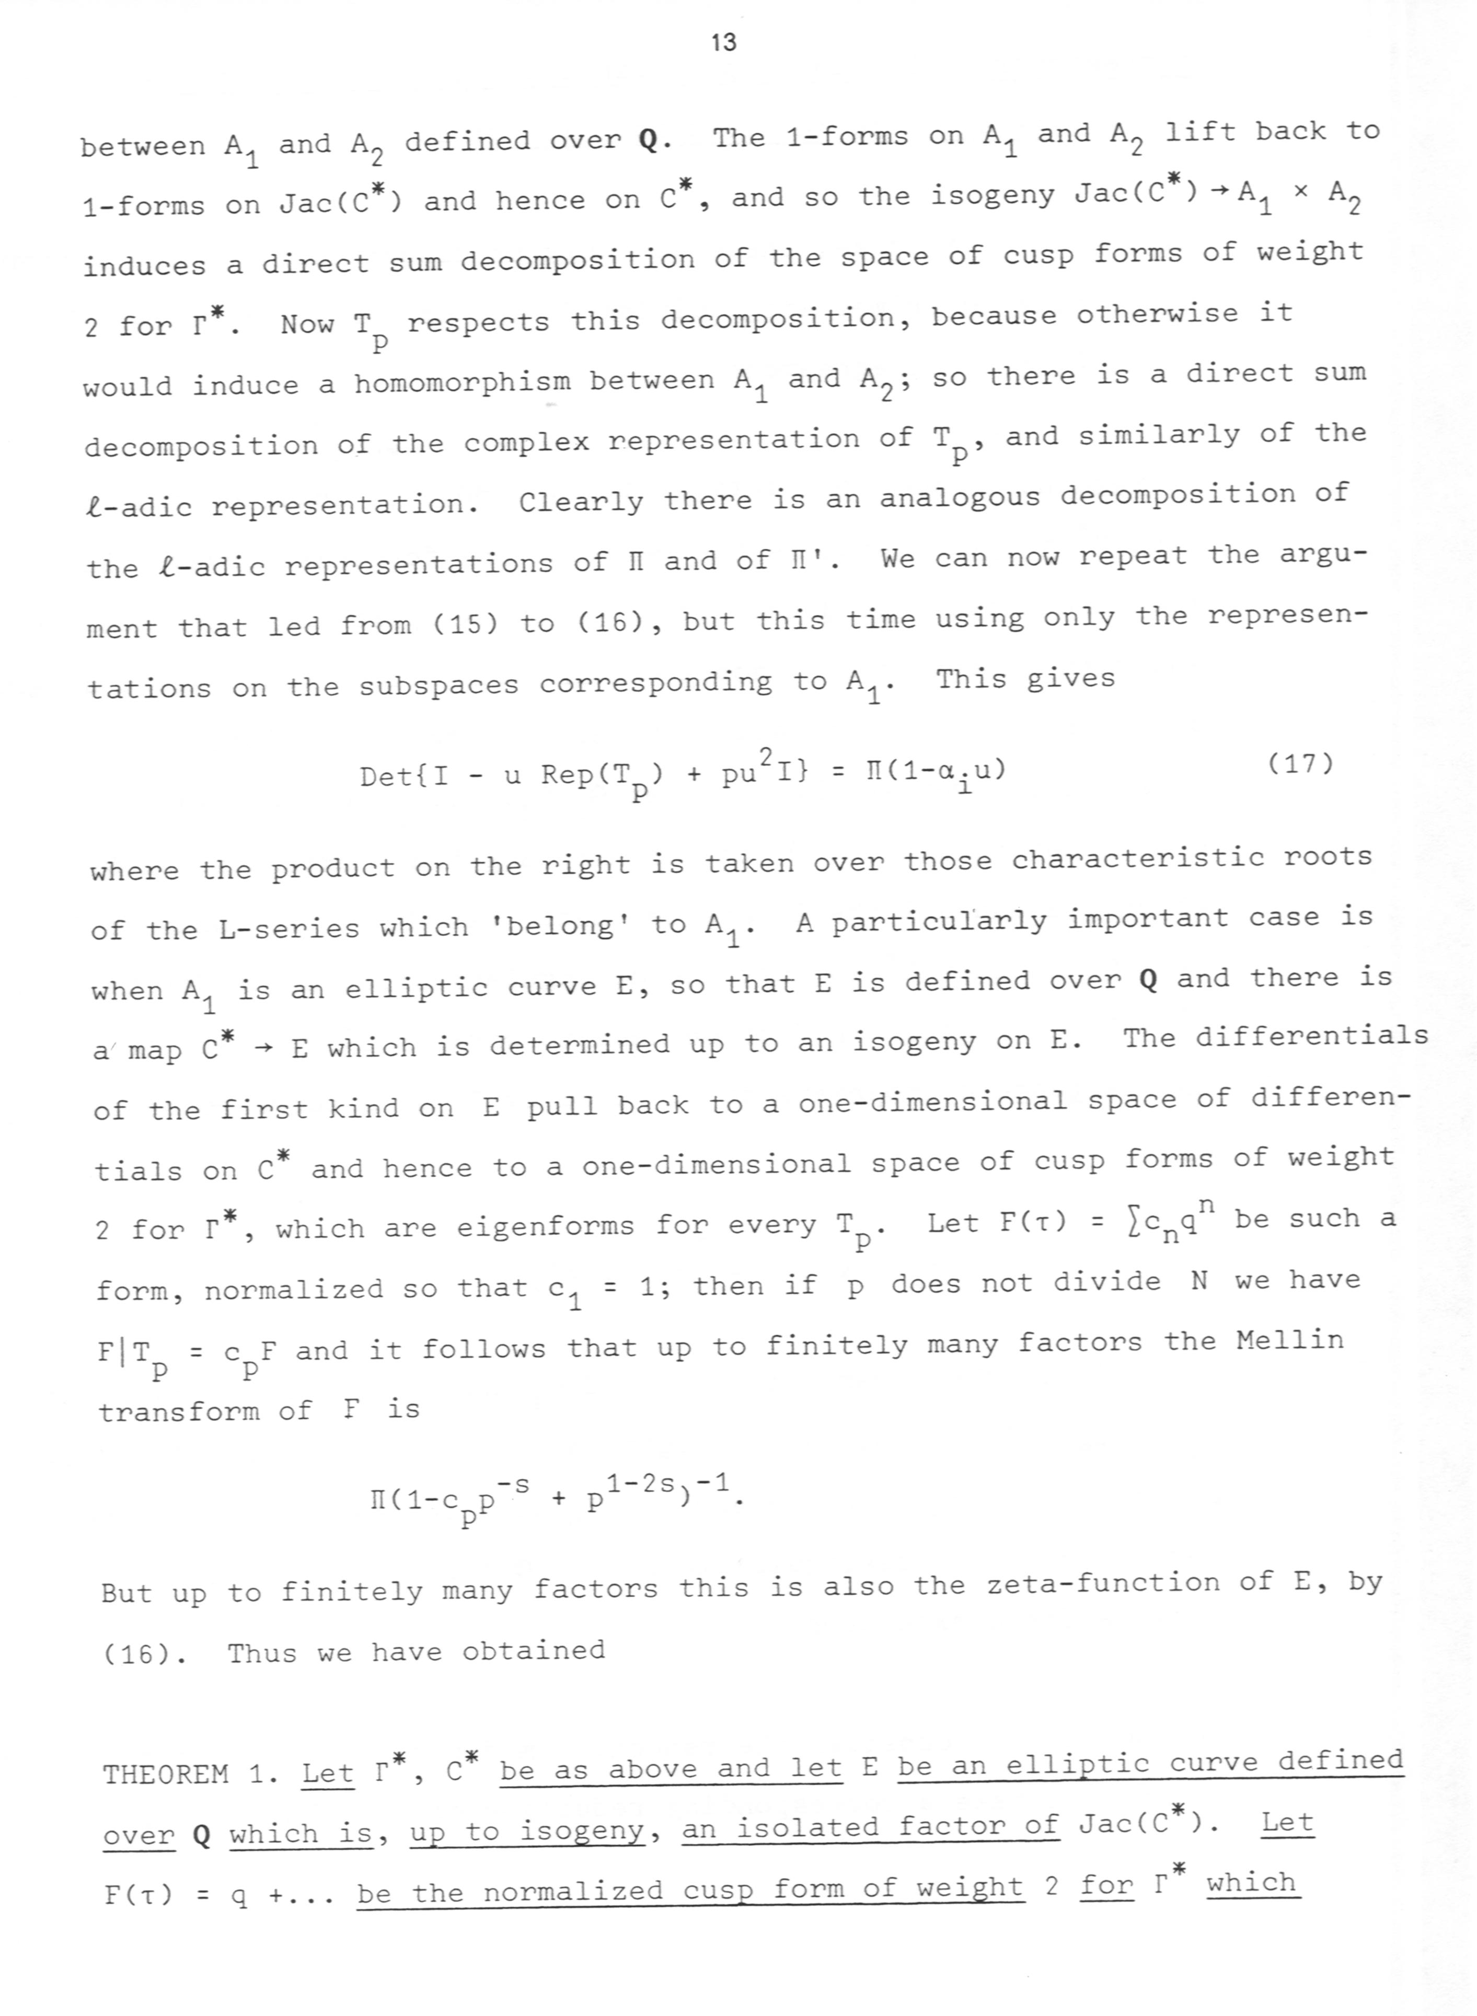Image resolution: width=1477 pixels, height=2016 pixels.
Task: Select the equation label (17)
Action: (x=1301, y=764)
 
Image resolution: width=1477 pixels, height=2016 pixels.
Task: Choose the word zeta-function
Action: (x=1102, y=1583)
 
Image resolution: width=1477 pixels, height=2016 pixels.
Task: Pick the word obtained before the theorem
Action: (x=533, y=1650)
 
